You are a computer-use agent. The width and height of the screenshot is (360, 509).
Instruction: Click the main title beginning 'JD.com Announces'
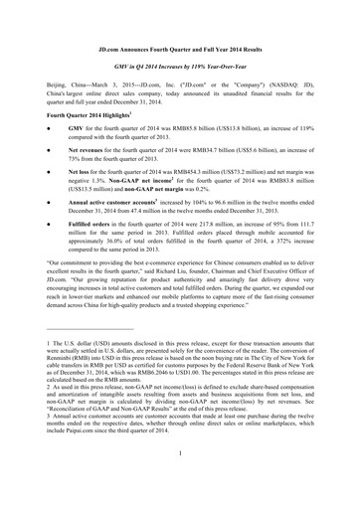[179, 47]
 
